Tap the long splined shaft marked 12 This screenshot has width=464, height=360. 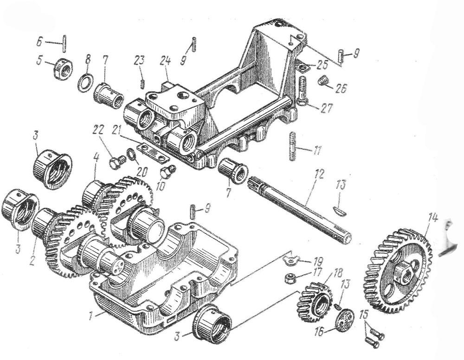(x=297, y=208)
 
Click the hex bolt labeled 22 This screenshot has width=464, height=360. (x=114, y=162)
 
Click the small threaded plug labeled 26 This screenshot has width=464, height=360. (x=322, y=82)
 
